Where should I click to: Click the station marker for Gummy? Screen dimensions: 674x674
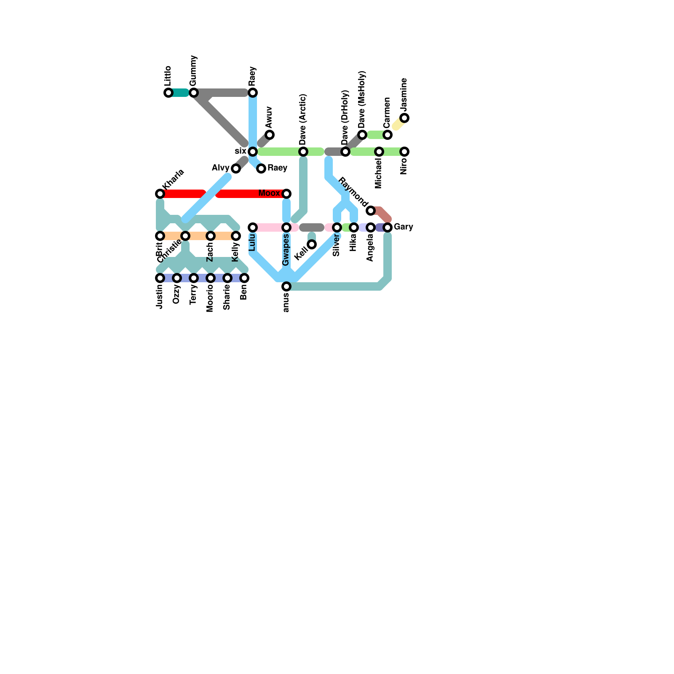pyautogui.click(x=194, y=93)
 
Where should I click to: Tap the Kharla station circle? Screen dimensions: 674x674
pyautogui.click(x=160, y=194)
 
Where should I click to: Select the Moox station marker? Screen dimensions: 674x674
pyautogui.click(x=286, y=194)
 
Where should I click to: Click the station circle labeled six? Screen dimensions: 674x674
pyautogui.click(x=253, y=152)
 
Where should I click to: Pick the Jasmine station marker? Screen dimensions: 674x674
pyautogui.click(x=404, y=118)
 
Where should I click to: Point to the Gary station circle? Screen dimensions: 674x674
pyautogui.click(x=388, y=227)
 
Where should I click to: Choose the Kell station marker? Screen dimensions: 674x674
pyautogui.click(x=312, y=244)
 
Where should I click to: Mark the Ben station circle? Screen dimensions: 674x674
pyautogui.click(x=244, y=278)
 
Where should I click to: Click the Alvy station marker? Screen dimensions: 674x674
pyautogui.click(x=236, y=168)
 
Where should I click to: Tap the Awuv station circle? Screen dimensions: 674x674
pyautogui.click(x=270, y=135)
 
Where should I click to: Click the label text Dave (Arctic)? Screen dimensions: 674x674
pyautogui.click(x=303, y=119)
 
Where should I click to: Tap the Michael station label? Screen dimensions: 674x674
pyautogui.click(x=378, y=173)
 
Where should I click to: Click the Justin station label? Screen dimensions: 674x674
pyautogui.click(x=159, y=297)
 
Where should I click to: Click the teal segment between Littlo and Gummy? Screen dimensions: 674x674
pyautogui.click(x=180, y=93)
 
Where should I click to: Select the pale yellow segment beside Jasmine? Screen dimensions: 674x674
pyautogui.click(x=398, y=123)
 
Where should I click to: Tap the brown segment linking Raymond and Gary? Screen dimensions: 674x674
pyautogui.click(x=382, y=214)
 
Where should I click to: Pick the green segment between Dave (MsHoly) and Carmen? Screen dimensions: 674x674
pyautogui.click(x=375, y=135)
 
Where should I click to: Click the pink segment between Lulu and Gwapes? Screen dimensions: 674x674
pyautogui.click(x=270, y=227)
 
